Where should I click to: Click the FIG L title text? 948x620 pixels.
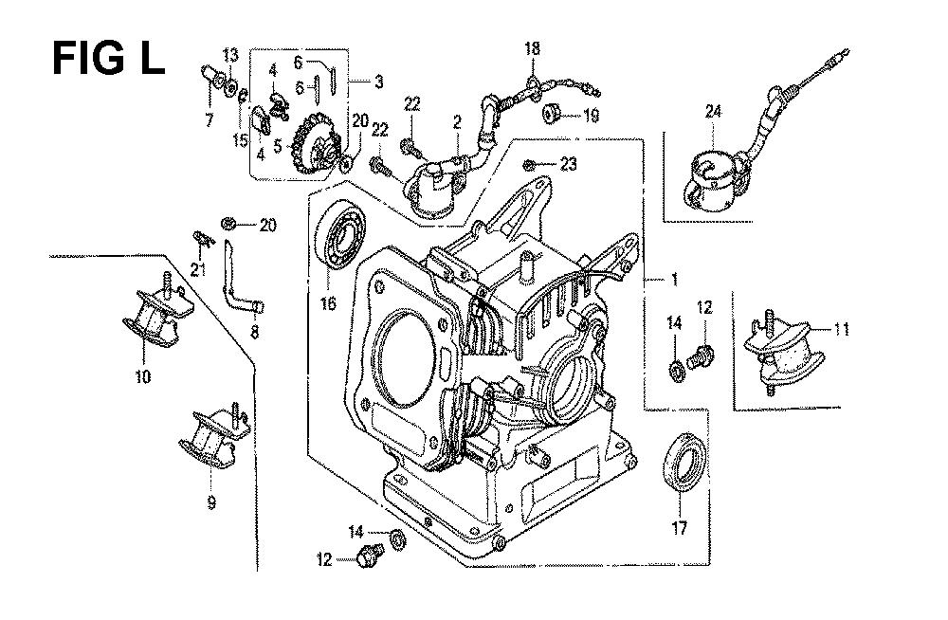point(107,59)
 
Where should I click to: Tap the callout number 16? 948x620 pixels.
point(329,303)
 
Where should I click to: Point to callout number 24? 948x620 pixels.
point(712,112)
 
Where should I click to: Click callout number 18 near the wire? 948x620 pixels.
point(532,48)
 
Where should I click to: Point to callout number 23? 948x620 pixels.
point(568,164)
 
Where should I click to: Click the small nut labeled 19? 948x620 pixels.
point(549,116)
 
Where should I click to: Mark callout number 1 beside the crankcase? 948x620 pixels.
point(674,280)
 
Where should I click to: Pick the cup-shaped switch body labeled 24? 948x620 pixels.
point(707,180)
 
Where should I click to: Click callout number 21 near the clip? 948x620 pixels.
point(197,270)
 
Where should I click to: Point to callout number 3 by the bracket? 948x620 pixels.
point(378,82)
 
